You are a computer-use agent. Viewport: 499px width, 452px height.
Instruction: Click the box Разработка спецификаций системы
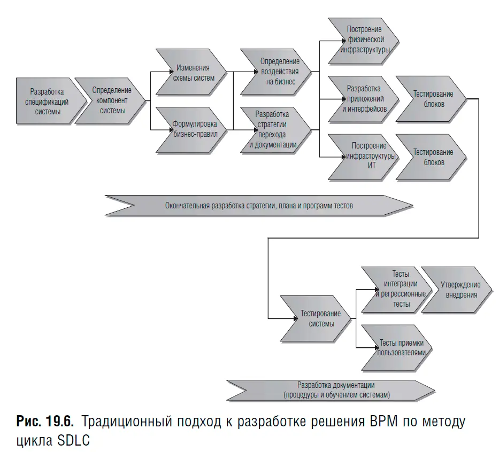pos(48,102)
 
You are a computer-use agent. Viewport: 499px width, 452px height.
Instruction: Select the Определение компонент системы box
pos(111,101)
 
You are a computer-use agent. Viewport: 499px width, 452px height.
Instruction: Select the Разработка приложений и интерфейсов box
pos(364,98)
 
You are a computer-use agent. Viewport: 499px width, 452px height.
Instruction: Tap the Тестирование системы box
pos(316,318)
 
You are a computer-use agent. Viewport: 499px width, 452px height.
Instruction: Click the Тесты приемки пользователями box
pos(396,348)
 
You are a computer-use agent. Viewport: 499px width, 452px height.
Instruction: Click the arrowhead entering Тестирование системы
pos(293,318)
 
